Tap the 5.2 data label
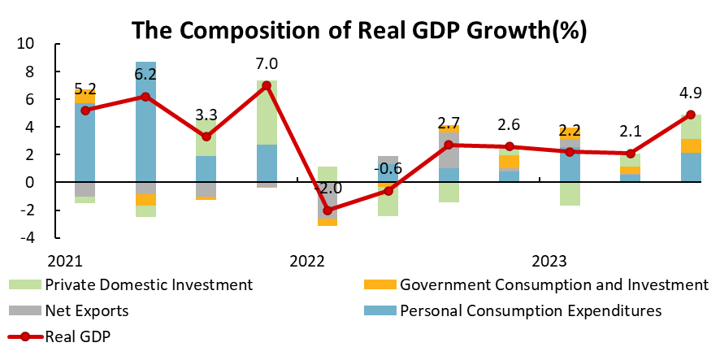pyautogui.click(x=85, y=89)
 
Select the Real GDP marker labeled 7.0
pyautogui.click(x=267, y=85)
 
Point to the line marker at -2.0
pyautogui.click(x=327, y=210)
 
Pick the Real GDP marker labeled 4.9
pyautogui.click(x=690, y=115)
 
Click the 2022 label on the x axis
pyautogui.click(x=307, y=261)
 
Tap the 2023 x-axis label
pyautogui.click(x=549, y=261)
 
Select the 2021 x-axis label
pyautogui.click(x=64, y=261)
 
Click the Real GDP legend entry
pyautogui.click(x=77, y=336)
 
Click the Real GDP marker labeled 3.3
pyautogui.click(x=206, y=137)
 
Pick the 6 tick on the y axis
pyautogui.click(x=28, y=99)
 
